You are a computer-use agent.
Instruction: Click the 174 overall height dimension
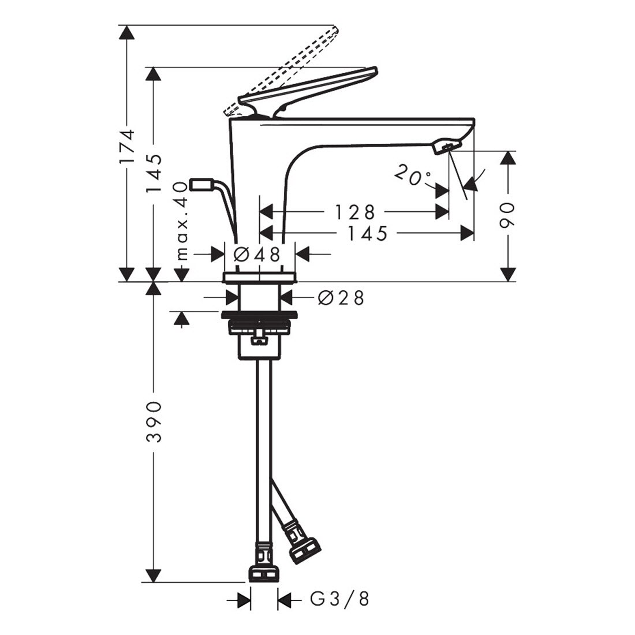(x=128, y=146)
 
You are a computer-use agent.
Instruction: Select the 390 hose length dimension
(x=154, y=422)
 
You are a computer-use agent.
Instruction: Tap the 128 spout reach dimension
(x=355, y=211)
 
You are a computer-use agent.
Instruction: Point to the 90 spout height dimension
(x=508, y=215)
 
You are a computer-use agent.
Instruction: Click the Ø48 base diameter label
(x=257, y=255)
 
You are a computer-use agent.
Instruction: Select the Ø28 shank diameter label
(x=341, y=298)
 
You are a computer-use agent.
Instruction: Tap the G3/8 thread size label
(x=340, y=599)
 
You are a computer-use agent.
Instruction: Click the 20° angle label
(x=412, y=175)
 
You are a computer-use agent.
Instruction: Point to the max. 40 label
(x=182, y=221)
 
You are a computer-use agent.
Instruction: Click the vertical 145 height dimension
(x=154, y=173)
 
